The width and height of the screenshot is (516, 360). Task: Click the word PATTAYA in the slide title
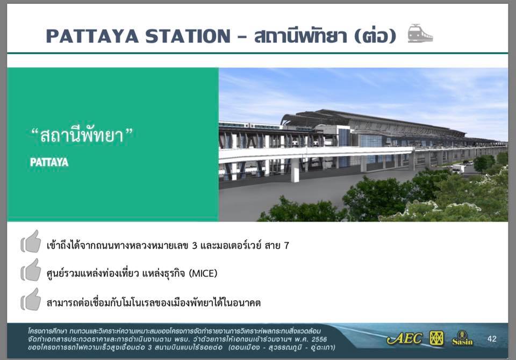pyautogui.click(x=92, y=36)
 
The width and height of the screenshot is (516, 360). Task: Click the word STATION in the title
pyautogui.click(x=188, y=36)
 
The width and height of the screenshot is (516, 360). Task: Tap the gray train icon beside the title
pyautogui.click(x=420, y=33)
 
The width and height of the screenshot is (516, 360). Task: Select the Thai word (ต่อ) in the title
pyautogui.click(x=376, y=35)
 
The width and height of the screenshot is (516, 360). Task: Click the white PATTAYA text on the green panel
pyautogui.click(x=49, y=162)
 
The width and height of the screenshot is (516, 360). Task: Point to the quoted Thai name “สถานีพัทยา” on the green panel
pyautogui.click(x=82, y=135)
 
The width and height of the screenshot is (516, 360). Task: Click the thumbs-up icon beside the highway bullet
pyautogui.click(x=31, y=242)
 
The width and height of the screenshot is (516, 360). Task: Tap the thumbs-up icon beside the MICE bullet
pyautogui.click(x=31, y=270)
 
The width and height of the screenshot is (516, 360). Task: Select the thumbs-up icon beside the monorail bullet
pyautogui.click(x=31, y=299)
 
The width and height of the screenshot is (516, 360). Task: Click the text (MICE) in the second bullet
pyautogui.click(x=203, y=273)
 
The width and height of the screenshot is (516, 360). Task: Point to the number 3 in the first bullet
pyautogui.click(x=194, y=246)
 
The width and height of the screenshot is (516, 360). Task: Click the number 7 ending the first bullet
pyautogui.click(x=286, y=246)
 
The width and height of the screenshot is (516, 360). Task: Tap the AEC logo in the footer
pyautogui.click(x=404, y=339)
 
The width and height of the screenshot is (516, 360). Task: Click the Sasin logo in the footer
pyautogui.click(x=462, y=339)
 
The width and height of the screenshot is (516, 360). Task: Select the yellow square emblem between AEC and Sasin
pyautogui.click(x=436, y=339)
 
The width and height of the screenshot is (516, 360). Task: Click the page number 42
pyautogui.click(x=492, y=339)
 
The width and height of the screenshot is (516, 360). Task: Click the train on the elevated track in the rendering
pyautogui.click(x=250, y=125)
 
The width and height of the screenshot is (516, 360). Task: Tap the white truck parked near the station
pyautogui.click(x=458, y=169)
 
